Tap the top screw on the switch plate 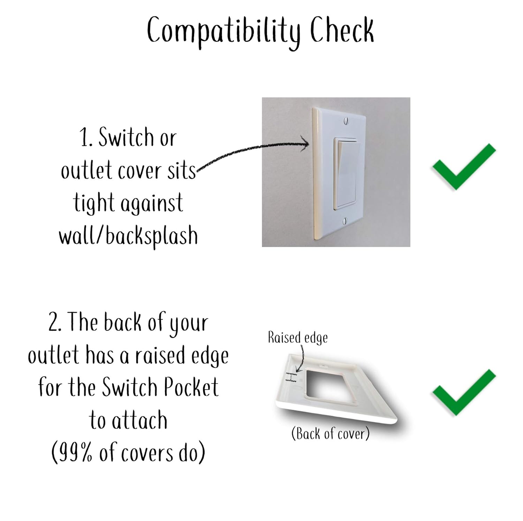[346, 121]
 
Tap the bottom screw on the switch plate [345, 220]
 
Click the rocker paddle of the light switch [347, 174]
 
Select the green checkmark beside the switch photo [464, 166]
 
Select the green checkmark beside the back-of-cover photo [464, 393]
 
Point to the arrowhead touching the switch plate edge [305, 143]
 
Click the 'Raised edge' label [297, 338]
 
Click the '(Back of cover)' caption [330, 434]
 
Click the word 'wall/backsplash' [128, 236]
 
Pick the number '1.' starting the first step [86, 137]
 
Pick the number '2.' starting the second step [55, 323]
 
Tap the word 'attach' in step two [139, 420]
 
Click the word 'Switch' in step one [126, 137]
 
